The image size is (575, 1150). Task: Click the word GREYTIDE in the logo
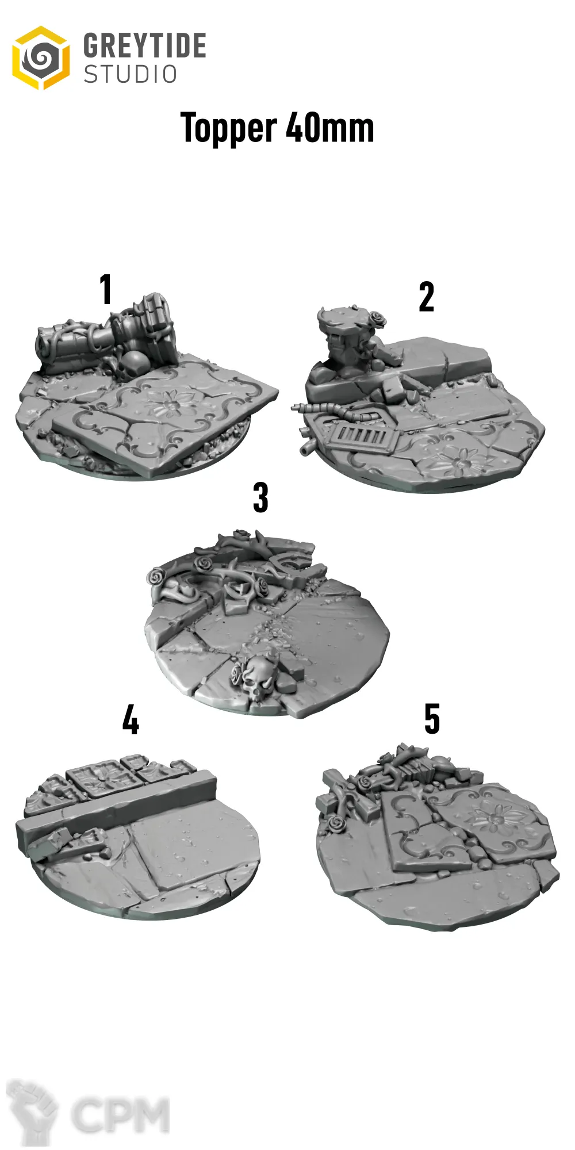click(x=144, y=45)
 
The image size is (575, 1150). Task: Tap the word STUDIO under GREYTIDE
click(x=131, y=74)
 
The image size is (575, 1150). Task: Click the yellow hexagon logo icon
click(x=41, y=57)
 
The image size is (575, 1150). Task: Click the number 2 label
click(x=426, y=297)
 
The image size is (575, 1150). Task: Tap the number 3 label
click(x=260, y=497)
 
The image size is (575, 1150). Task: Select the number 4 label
click(x=131, y=720)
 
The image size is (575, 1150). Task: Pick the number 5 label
click(x=432, y=719)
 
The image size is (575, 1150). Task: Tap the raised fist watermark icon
click(x=32, y=1113)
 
